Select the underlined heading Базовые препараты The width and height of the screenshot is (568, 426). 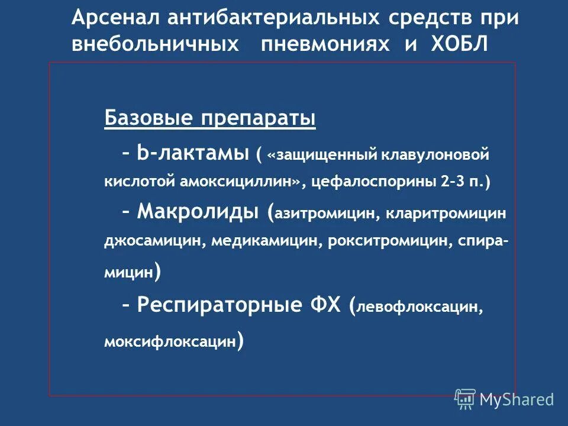[x=210, y=119]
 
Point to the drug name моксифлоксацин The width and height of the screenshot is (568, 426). [x=169, y=343]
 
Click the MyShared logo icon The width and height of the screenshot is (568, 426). [x=465, y=399]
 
